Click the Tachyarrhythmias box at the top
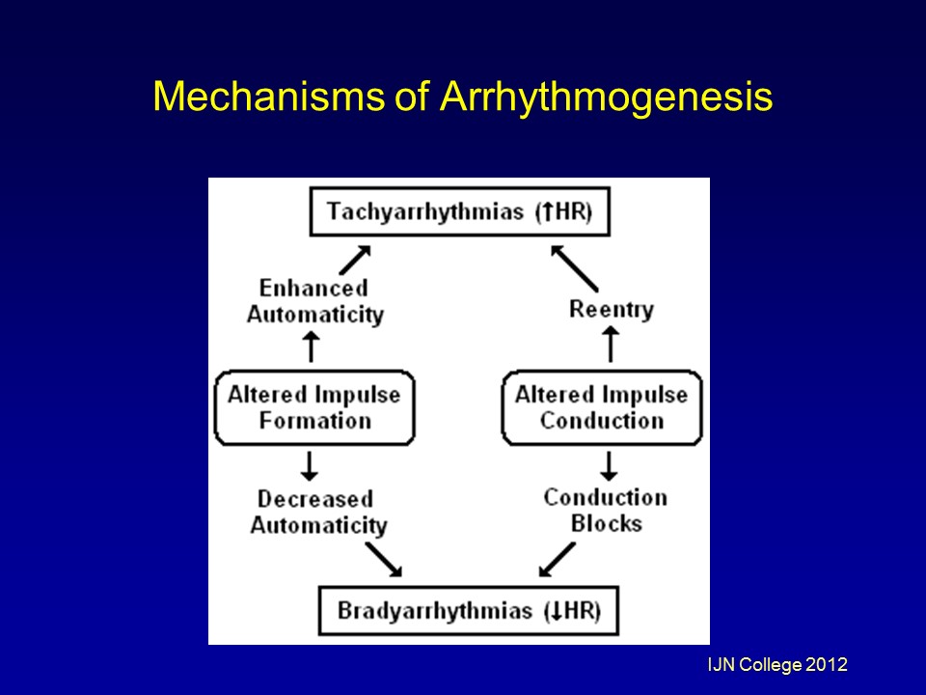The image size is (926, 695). click(459, 211)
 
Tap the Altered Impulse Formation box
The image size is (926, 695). click(314, 407)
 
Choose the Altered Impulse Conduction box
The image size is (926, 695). click(602, 407)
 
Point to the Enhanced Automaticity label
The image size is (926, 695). click(314, 301)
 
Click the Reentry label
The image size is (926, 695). click(611, 309)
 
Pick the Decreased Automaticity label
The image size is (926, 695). click(317, 513)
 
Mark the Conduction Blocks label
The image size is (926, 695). click(605, 510)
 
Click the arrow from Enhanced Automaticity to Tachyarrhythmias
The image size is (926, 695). click(356, 259)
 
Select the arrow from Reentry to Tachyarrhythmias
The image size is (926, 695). click(574, 266)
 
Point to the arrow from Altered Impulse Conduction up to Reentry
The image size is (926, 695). click(609, 345)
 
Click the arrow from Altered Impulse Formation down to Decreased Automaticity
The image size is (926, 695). click(310, 465)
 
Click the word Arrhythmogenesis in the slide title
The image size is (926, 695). click(607, 98)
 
